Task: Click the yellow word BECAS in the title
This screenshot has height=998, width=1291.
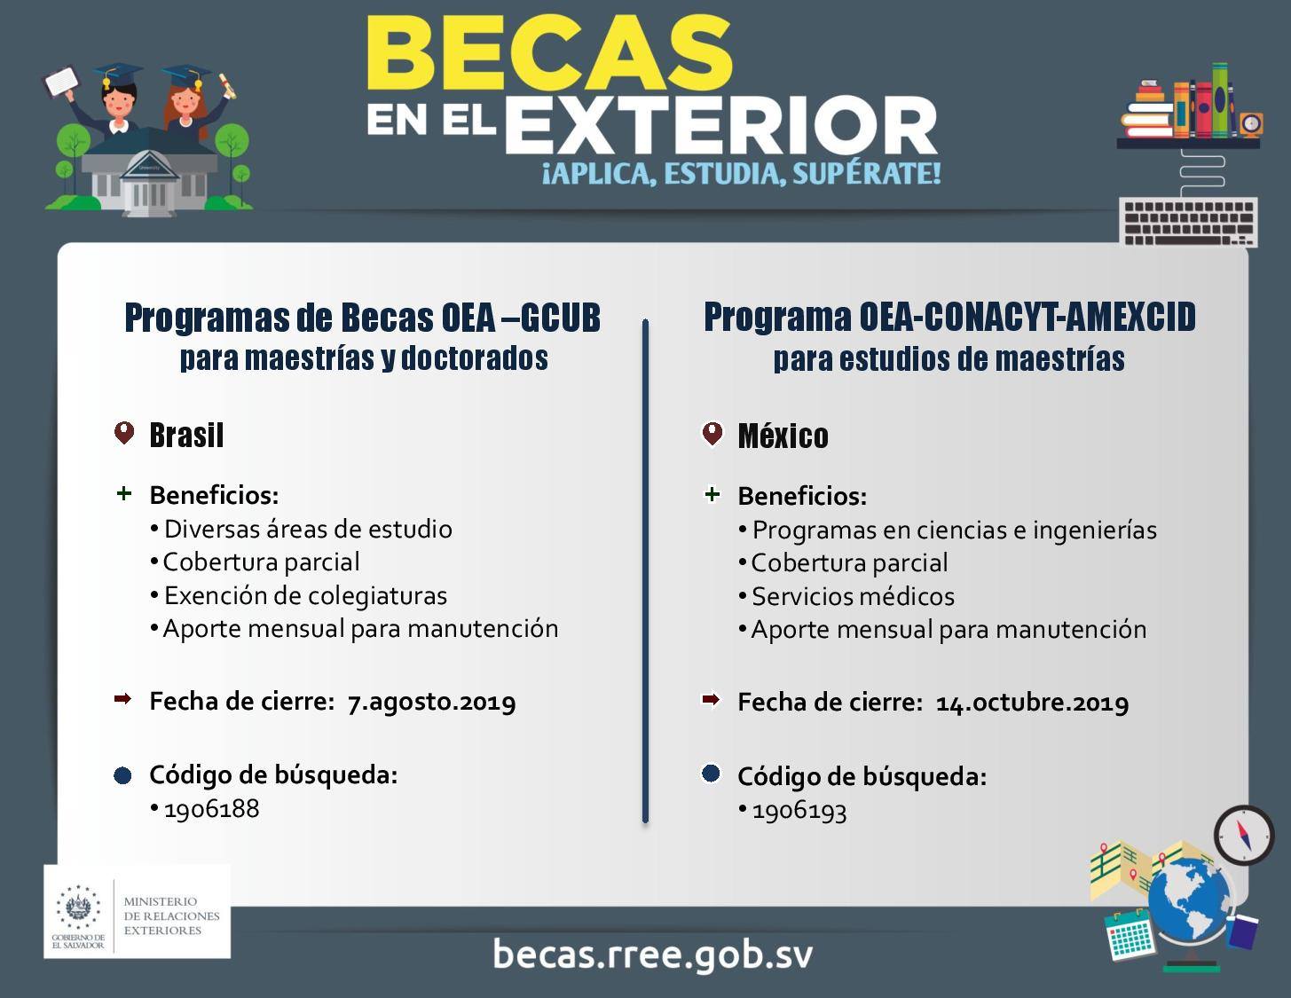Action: coord(549,52)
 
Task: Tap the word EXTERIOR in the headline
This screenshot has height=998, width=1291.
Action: coord(720,126)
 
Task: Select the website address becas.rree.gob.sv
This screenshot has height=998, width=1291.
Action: coord(652,954)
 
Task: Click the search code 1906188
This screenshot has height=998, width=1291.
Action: coord(211,809)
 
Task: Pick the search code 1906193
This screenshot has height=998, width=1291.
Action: coord(799,811)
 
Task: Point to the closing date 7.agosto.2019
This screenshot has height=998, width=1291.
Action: coord(432,703)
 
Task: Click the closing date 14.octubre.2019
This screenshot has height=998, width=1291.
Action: coord(1033,703)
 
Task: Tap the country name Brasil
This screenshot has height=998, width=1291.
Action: coord(186,436)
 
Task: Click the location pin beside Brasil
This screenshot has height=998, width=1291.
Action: coord(124,433)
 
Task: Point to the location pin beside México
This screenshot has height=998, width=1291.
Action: coord(712,434)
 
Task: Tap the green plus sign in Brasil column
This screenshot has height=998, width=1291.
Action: coord(123,493)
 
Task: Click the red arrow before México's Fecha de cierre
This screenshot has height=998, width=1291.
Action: coord(711,700)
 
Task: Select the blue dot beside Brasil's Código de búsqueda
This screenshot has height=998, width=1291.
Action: coord(122,775)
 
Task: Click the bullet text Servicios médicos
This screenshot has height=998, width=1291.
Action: coord(854,596)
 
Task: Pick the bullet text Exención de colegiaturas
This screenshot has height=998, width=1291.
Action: coord(305,595)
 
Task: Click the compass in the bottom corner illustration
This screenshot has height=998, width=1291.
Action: coord(1243,836)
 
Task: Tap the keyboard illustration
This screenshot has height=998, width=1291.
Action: coord(1188,222)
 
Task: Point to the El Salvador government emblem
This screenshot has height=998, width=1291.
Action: coord(78,908)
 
